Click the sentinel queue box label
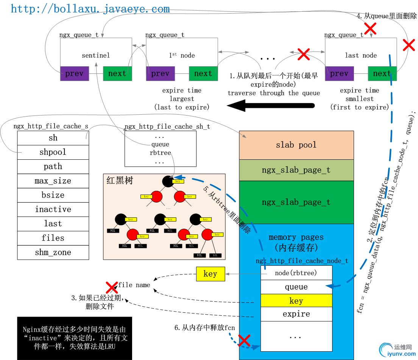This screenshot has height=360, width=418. (x=96, y=55)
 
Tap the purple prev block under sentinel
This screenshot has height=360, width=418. (x=74, y=73)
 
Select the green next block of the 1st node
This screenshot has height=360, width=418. (x=203, y=73)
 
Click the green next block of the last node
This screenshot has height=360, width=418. (x=382, y=73)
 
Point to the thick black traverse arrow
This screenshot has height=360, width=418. (x=271, y=106)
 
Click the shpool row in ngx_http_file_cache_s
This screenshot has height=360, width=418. (x=53, y=152)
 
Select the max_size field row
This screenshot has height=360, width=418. (x=53, y=181)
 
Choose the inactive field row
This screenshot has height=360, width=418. (x=53, y=209)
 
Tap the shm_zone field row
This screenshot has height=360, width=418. (x=53, y=252)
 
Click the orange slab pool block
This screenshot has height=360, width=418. (x=296, y=145)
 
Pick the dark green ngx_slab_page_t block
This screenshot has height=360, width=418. (x=296, y=202)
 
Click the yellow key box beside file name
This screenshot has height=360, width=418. (x=210, y=274)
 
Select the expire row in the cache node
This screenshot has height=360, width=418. (x=296, y=314)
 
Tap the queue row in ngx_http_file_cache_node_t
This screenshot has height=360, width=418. (x=296, y=287)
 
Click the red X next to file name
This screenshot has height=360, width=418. (x=111, y=287)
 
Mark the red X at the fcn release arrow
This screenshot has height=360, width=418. (x=244, y=340)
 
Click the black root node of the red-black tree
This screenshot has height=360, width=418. (x=168, y=181)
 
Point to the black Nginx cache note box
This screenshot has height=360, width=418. (x=75, y=338)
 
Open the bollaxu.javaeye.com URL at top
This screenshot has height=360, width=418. (x=90, y=9)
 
